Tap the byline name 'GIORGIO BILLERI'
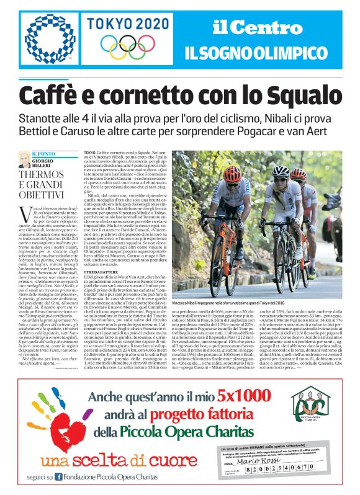click(x=43, y=163)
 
